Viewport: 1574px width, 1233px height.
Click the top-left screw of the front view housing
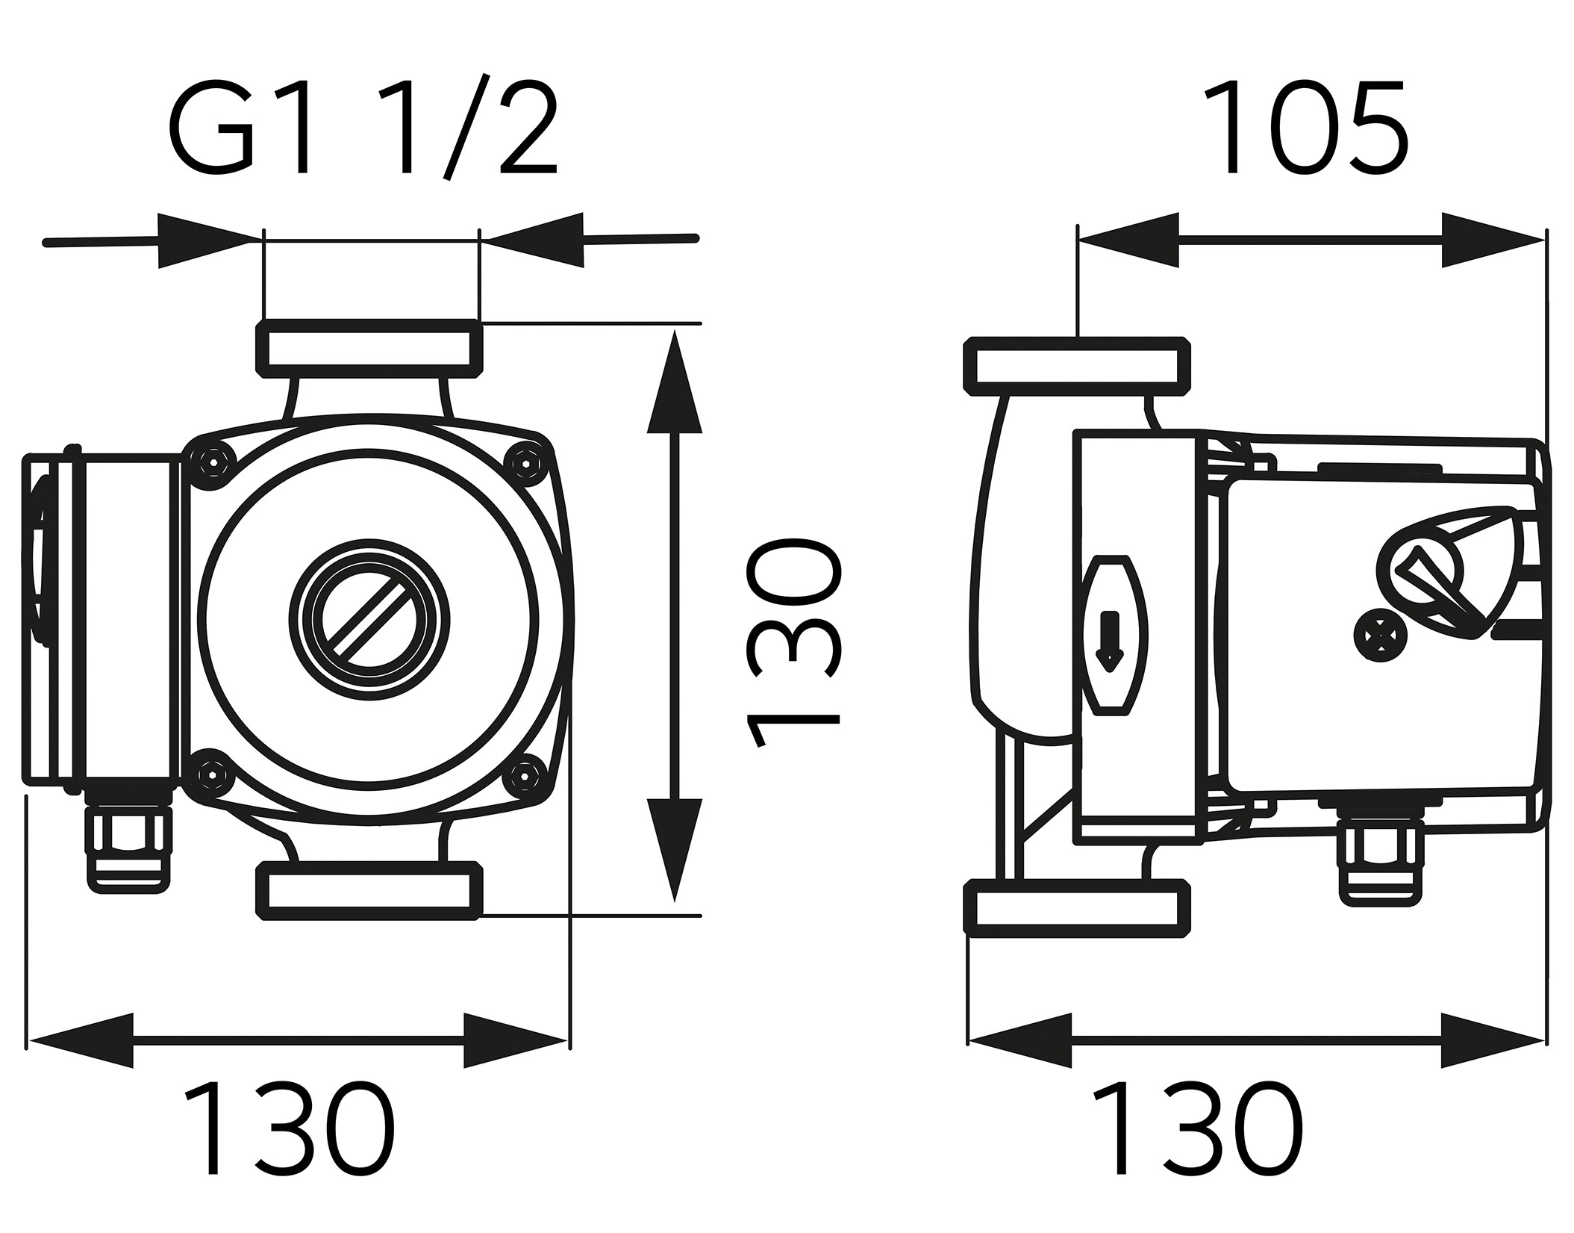tap(214, 462)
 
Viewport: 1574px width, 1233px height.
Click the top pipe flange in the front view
tap(369, 347)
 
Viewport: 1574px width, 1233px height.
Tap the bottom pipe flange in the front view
tap(369, 891)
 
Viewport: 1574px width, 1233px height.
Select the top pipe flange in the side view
tap(1077, 366)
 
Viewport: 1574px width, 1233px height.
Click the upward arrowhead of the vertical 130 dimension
tap(675, 381)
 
